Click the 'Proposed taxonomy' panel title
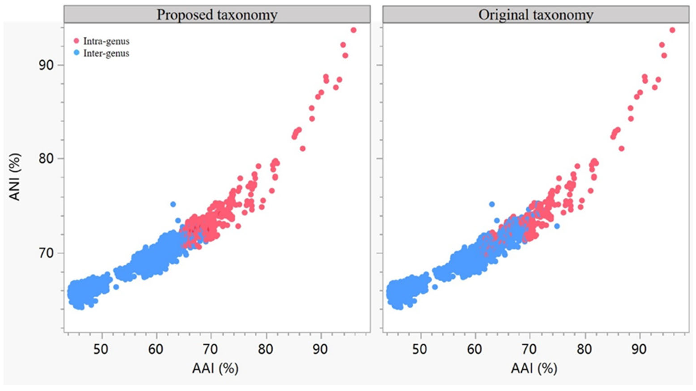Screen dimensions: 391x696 coord(217,15)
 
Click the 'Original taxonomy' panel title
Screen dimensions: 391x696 coord(536,15)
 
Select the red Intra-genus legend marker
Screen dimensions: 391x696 coord(77,41)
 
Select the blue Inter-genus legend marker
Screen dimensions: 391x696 coord(77,53)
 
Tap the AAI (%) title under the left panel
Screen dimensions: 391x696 coord(215,368)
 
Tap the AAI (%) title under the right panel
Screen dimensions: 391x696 coord(534,368)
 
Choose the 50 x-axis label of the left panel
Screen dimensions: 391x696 coord(101,349)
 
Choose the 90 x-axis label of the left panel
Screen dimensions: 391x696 coord(320,349)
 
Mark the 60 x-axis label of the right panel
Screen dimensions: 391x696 coord(475,349)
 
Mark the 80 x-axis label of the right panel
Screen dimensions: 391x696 coord(584,349)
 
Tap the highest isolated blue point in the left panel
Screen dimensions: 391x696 coord(173,204)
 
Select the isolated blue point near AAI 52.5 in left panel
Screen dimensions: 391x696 coord(116,287)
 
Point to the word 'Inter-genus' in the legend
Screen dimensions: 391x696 coord(106,53)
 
